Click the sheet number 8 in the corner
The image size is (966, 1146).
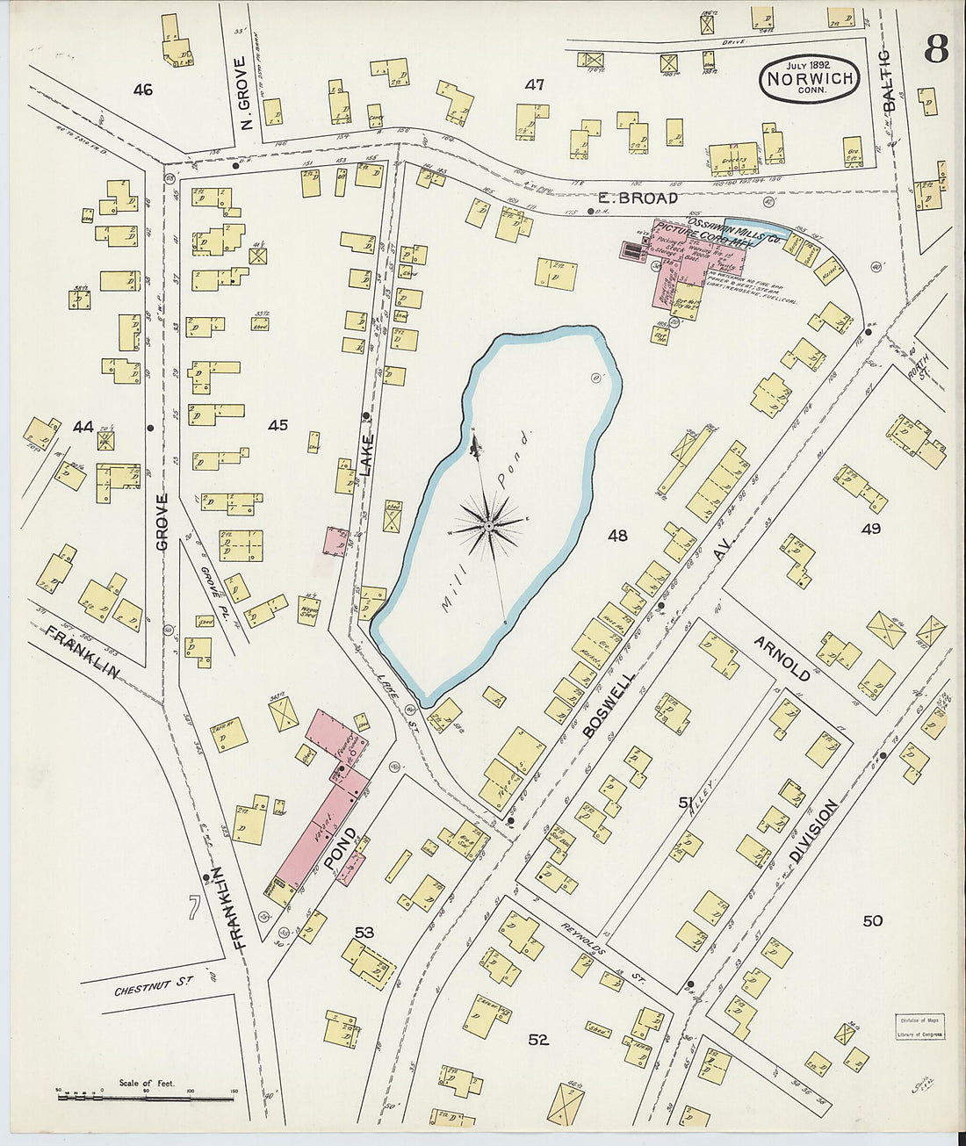pos(935,51)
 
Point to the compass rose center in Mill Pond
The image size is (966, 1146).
pos(487,526)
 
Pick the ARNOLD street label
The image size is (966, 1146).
pos(782,658)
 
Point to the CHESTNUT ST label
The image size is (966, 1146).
pos(154,989)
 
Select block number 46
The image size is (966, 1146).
pos(142,90)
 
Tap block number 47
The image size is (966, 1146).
pos(534,85)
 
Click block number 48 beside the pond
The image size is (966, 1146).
pos(617,534)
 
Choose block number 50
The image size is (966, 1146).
pos(872,920)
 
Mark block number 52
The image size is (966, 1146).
pos(538,1040)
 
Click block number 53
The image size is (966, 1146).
pos(364,932)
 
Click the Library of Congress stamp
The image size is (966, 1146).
pos(919,1027)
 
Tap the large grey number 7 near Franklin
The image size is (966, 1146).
pos(193,908)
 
